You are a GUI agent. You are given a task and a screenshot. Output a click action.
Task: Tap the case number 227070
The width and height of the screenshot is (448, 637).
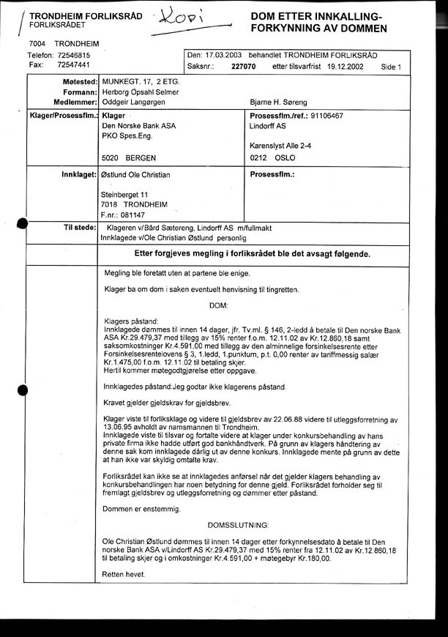243,67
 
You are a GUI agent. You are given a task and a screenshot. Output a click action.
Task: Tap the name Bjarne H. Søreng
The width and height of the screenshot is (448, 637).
279,102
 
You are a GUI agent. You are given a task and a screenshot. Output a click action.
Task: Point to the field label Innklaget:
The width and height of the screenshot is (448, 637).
77,175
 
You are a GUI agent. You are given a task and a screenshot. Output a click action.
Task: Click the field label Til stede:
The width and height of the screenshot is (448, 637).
78,228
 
